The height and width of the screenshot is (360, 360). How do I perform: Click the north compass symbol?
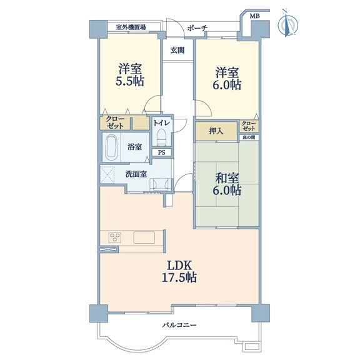pos(288,24)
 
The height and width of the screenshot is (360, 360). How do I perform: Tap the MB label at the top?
pos(254,16)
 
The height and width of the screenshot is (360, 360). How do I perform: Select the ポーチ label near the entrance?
pos(197,28)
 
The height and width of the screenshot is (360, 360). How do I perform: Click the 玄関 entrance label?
pos(177,50)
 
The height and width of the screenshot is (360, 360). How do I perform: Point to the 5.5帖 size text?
pos(130,81)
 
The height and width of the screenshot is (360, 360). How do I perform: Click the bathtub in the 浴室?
pos(112,147)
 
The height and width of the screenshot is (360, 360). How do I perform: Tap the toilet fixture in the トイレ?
pos(161,137)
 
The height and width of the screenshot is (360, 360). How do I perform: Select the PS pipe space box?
pos(162,152)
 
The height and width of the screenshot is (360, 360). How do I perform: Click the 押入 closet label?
pos(216,131)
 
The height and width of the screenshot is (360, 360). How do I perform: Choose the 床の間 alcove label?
pos(249,137)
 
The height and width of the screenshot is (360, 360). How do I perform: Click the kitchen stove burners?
pos(115,237)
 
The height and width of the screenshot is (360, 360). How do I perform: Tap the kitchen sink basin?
pos(144,237)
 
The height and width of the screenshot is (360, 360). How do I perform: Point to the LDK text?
pos(179,266)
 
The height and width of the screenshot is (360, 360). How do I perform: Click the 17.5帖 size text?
pos(179,277)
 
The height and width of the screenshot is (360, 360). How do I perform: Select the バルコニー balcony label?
pos(179,325)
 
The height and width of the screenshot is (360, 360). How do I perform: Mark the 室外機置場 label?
pos(131,27)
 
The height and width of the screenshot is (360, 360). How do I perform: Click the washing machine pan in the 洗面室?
pos(107,174)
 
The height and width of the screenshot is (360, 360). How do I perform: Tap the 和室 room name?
pos(227,178)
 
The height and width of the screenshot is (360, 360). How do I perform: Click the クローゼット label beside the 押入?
pos(249,126)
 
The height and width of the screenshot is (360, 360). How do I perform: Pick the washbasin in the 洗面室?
pos(160,184)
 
